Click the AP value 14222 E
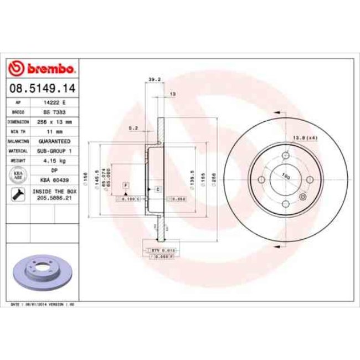pos(55,103)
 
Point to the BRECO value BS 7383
pos(55,112)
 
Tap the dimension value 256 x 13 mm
pos(55,121)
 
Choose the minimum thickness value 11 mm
pos(55,131)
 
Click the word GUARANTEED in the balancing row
pos(55,141)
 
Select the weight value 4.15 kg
pos(55,160)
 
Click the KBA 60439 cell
pos(55,179)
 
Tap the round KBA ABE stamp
pos(17,176)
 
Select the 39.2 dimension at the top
pos(155,79)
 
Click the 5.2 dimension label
pos(133,127)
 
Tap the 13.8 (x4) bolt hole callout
pos(304,137)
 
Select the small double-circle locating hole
pos(302,197)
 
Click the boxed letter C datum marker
pos(158,189)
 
